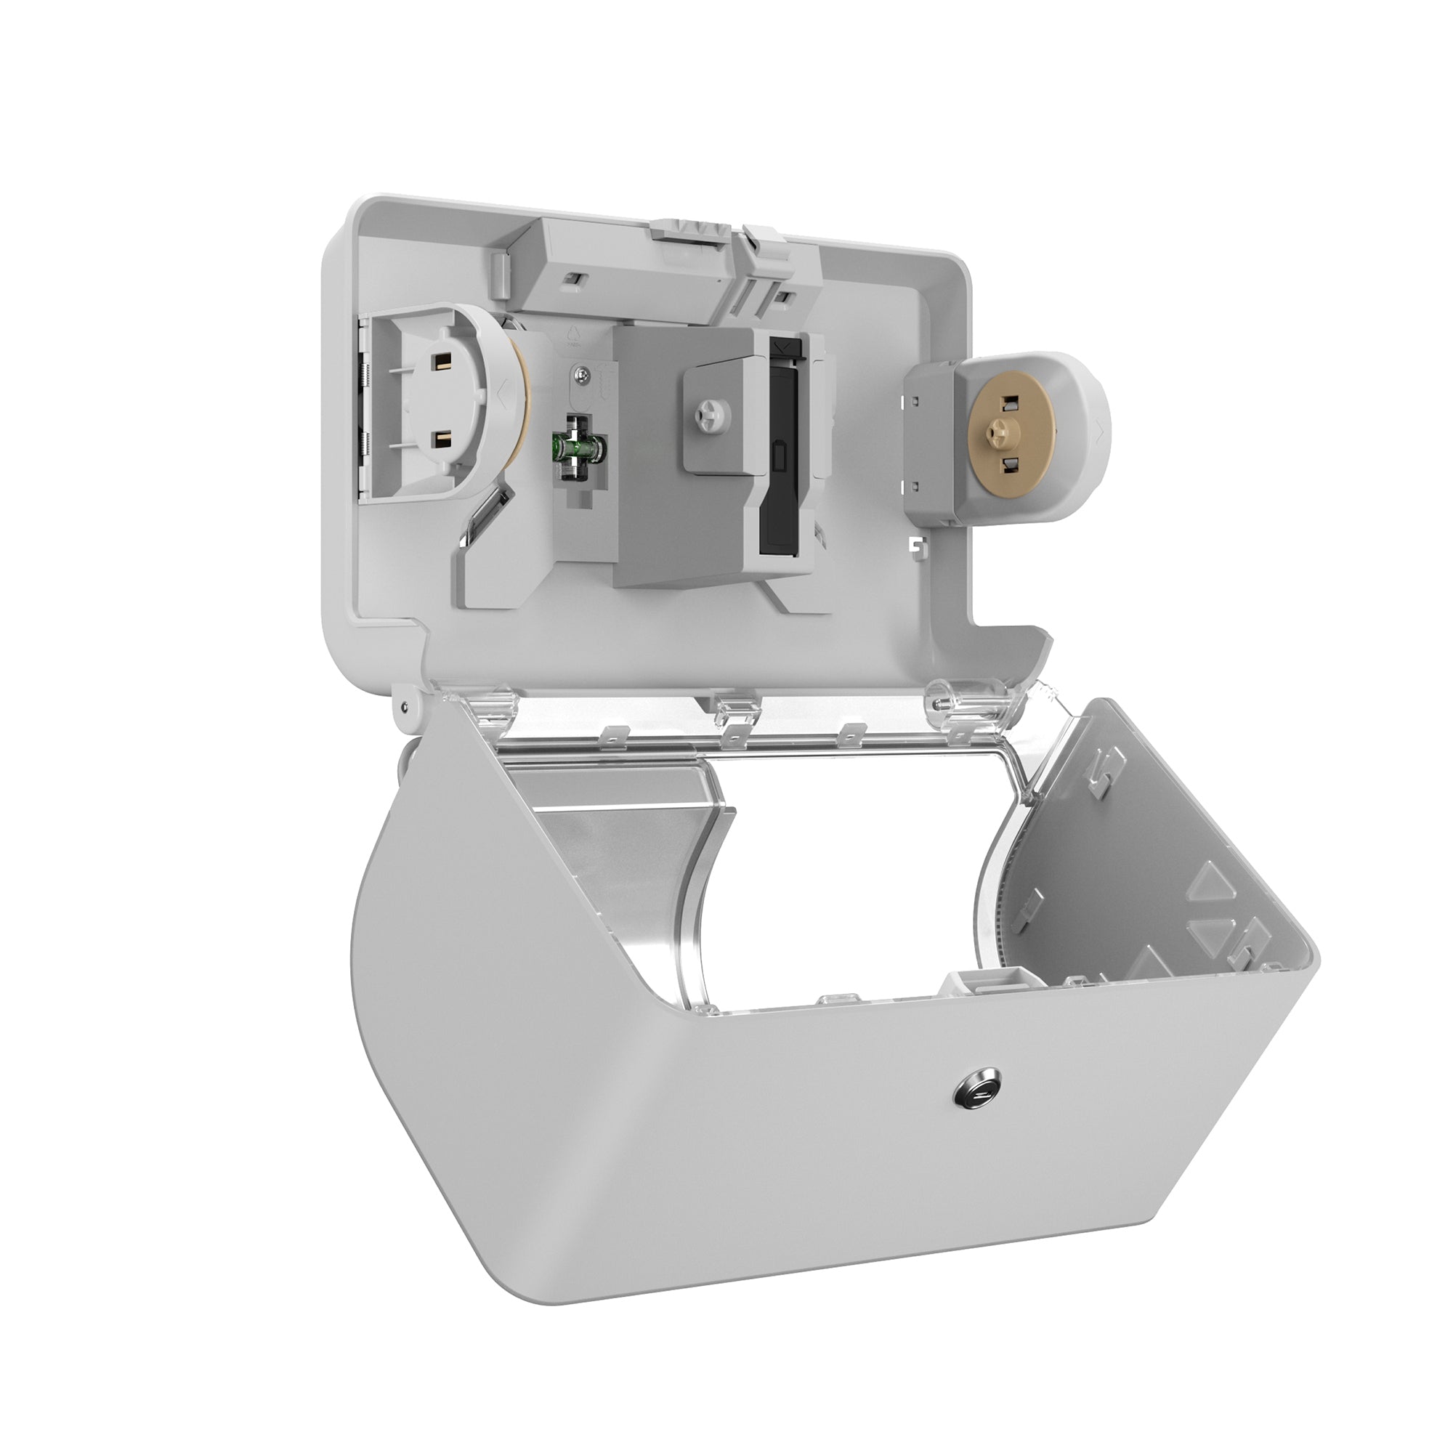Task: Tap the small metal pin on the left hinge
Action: [x=405, y=705]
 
